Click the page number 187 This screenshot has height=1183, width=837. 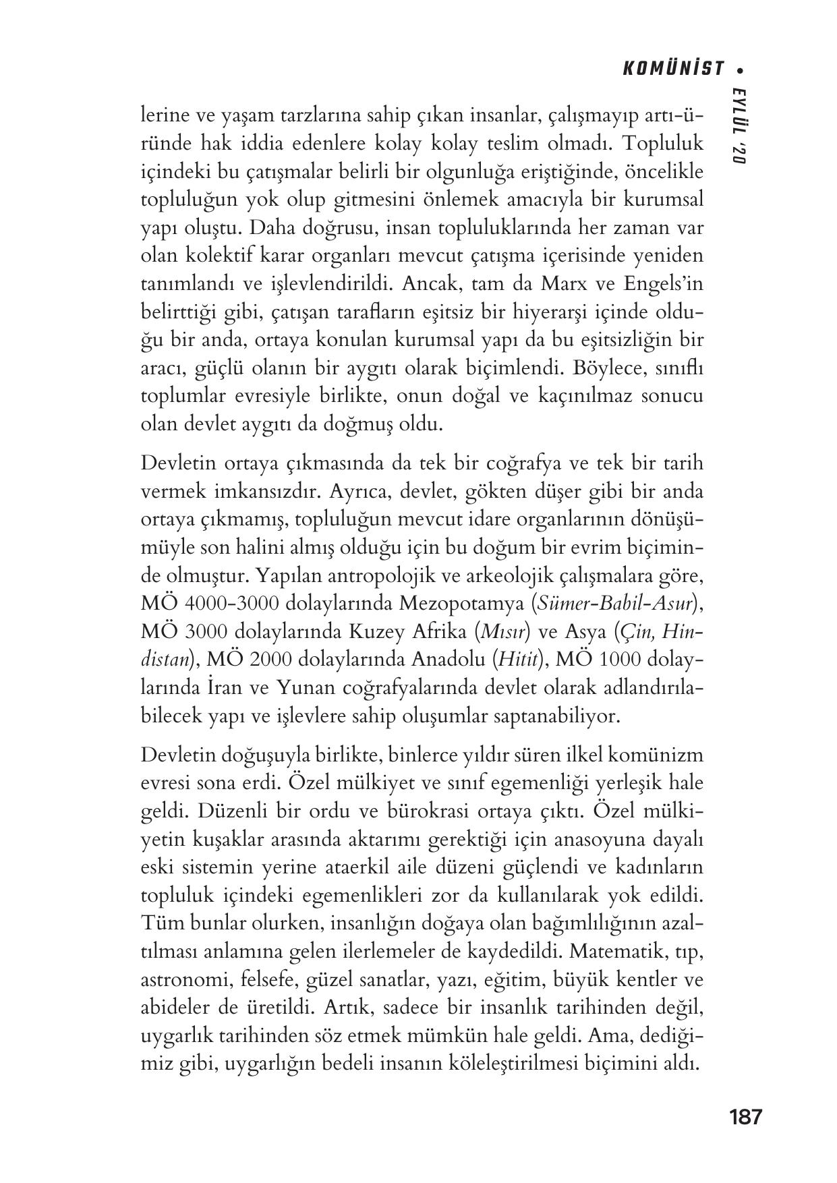745,1117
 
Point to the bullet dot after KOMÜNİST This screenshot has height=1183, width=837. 742,69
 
